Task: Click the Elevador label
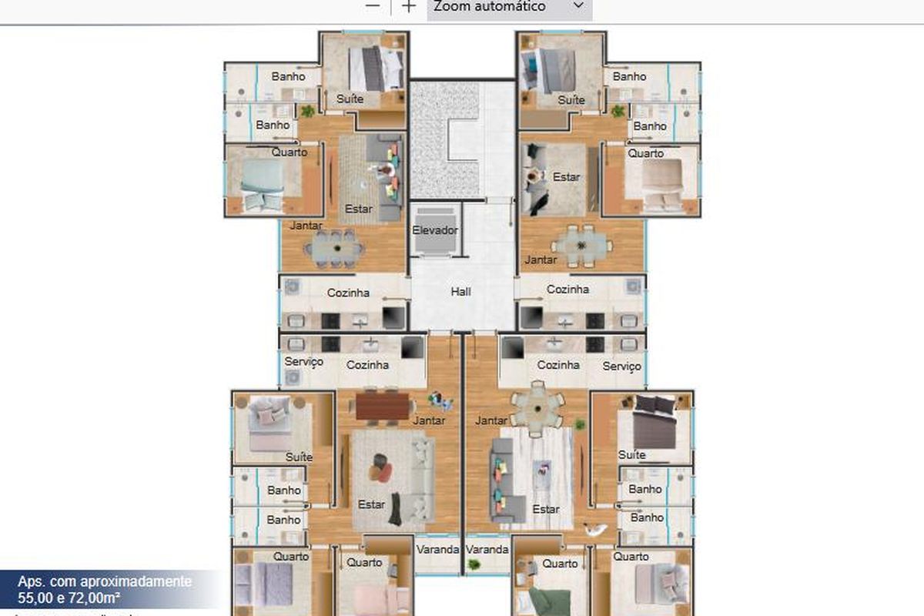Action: pyautogui.click(x=435, y=230)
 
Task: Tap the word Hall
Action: pyautogui.click(x=461, y=292)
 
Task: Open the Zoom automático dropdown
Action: pyautogui.click(x=509, y=7)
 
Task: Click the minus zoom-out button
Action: pyautogui.click(x=373, y=6)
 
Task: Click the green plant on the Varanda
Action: pyautogui.click(x=474, y=565)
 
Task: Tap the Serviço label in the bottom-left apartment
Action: pyautogui.click(x=303, y=361)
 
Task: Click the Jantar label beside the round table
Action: pyautogui.click(x=490, y=420)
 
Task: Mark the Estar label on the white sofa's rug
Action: pyautogui.click(x=371, y=505)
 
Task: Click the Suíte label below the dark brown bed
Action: pyautogui.click(x=632, y=455)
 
